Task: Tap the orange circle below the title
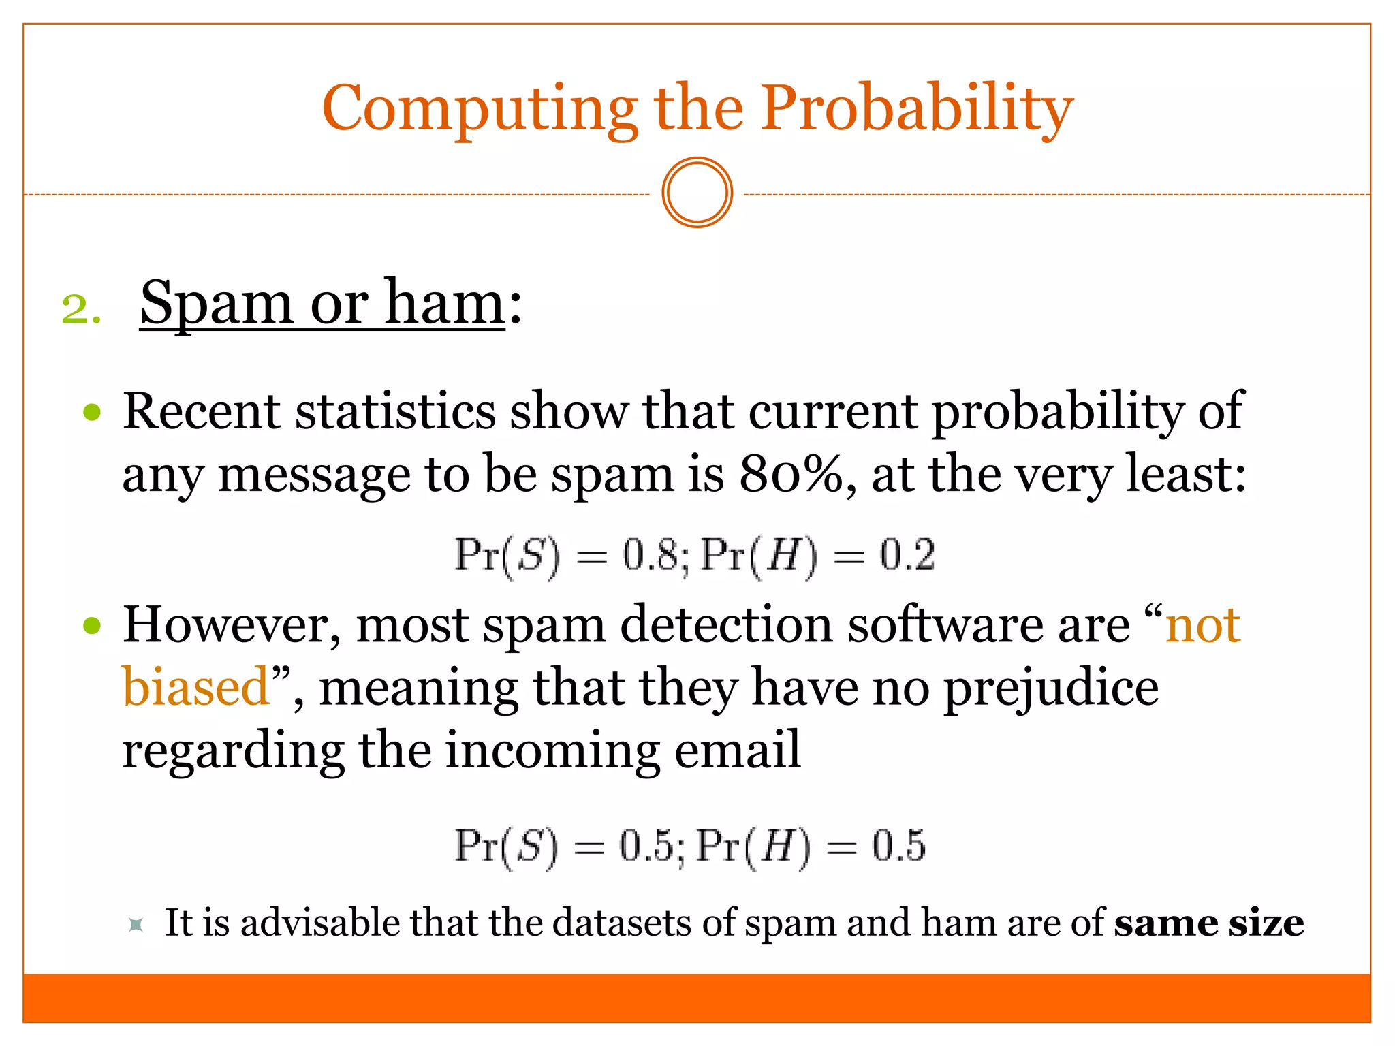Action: tap(697, 193)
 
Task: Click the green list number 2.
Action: tap(80, 310)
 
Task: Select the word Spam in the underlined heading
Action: tap(217, 303)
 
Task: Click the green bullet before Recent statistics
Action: tap(92, 412)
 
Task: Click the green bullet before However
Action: tap(92, 625)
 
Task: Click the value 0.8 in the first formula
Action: tap(650, 555)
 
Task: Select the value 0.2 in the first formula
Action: tap(907, 555)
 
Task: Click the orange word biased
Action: tap(196, 688)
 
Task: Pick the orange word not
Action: tap(1203, 625)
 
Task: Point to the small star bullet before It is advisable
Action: tap(136, 924)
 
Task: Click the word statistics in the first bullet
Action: tap(395, 412)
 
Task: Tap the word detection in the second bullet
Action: tap(726, 625)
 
